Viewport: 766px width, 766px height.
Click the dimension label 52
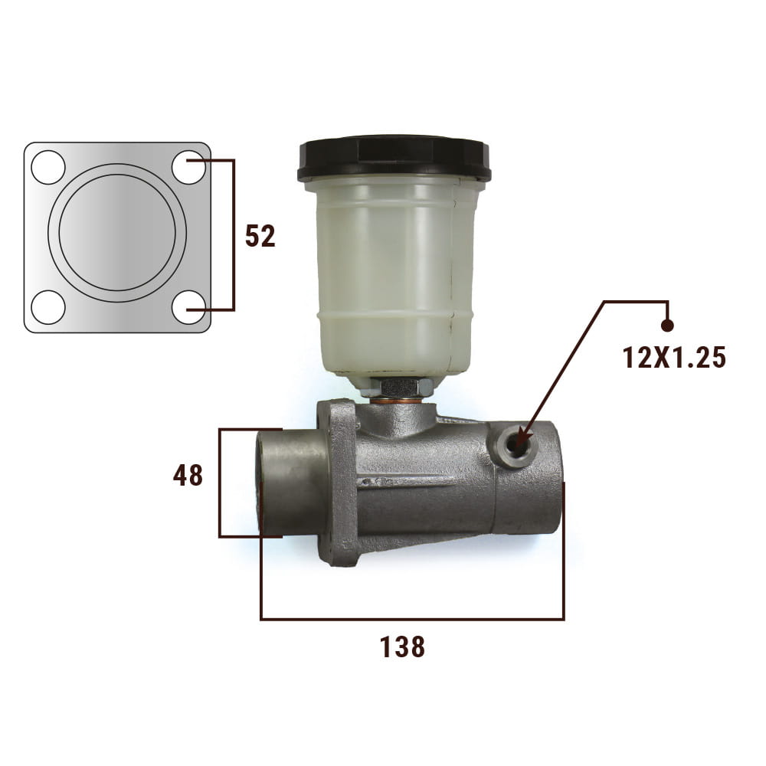(260, 236)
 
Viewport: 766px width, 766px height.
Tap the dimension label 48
(188, 476)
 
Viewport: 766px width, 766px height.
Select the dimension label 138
(403, 647)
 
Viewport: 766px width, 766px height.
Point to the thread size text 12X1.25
(674, 358)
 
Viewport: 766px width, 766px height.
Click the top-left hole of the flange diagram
(47, 167)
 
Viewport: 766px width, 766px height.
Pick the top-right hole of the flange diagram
(188, 167)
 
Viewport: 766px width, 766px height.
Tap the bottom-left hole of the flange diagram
(47, 307)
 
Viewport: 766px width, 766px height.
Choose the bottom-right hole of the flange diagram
(188, 307)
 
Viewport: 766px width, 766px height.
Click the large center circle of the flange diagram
(117, 233)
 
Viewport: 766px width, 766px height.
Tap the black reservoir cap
(394, 158)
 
